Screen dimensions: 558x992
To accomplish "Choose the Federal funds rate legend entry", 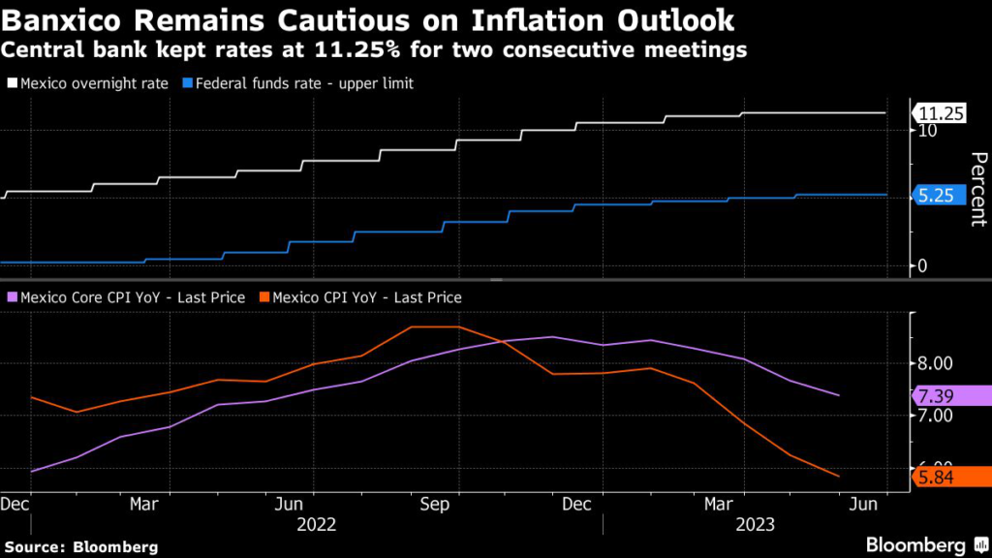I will click(x=298, y=83).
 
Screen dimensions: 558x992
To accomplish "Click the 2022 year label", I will click(x=316, y=524).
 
